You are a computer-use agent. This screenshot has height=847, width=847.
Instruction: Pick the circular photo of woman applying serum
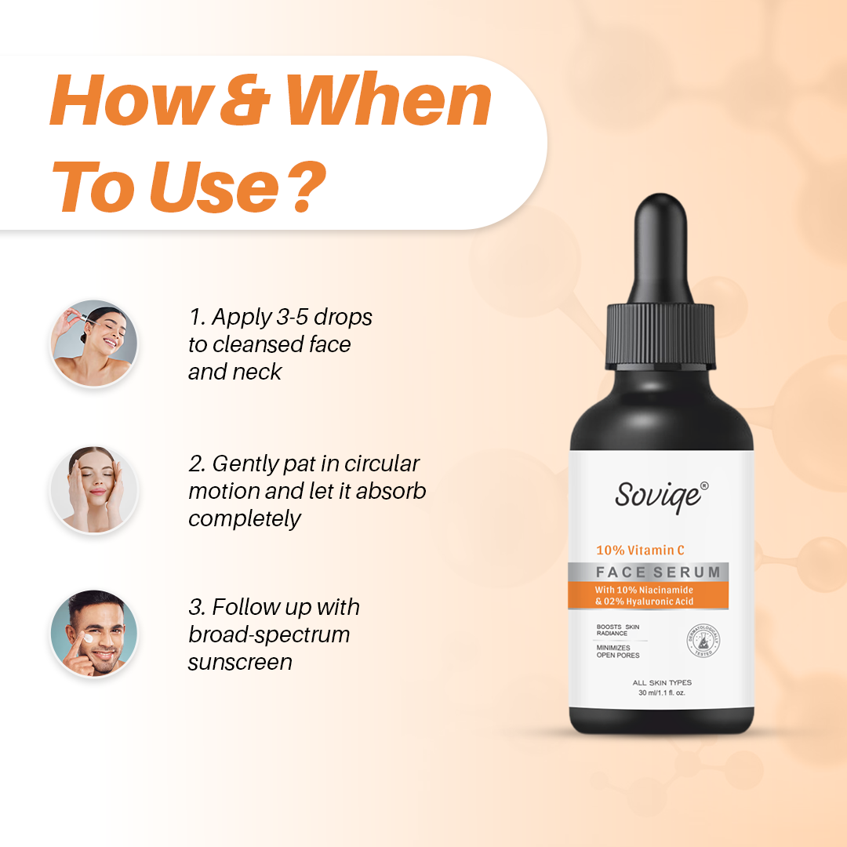coord(94,344)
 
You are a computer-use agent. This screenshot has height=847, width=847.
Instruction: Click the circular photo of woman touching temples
coord(94,490)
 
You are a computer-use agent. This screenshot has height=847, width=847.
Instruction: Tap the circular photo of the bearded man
coord(94,633)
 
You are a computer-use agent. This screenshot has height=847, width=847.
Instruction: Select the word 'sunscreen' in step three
coord(240,662)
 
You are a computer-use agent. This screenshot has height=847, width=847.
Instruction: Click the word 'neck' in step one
coord(256,372)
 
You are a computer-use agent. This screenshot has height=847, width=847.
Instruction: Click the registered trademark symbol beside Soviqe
coord(703,486)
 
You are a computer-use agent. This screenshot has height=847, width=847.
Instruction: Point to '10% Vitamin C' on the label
coord(640,551)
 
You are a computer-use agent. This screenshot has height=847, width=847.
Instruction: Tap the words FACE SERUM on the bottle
coord(657,572)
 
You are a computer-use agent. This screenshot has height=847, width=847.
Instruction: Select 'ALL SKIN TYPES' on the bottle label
coord(662,683)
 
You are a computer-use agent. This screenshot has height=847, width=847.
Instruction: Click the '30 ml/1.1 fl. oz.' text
coord(662,693)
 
